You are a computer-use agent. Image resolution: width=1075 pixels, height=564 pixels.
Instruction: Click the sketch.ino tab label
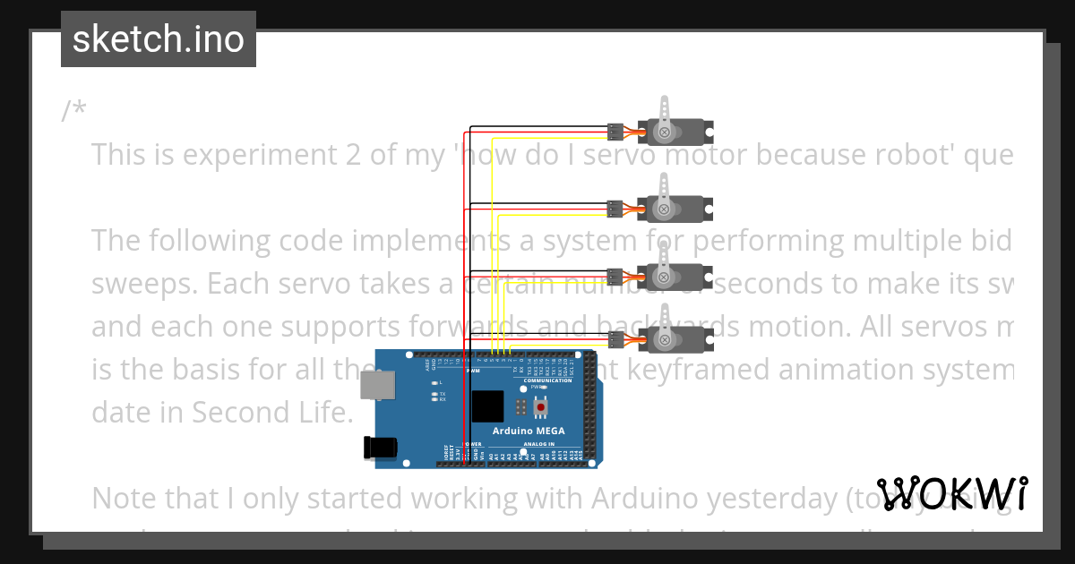click(159, 39)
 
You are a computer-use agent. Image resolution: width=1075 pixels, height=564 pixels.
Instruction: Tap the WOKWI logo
click(951, 494)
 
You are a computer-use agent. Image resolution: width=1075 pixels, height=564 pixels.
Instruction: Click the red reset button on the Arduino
click(540, 407)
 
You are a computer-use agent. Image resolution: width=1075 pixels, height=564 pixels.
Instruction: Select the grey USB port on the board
click(377, 386)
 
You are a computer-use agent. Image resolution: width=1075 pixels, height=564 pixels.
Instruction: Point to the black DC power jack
click(379, 449)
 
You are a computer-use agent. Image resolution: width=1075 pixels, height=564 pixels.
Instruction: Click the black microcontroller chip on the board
click(487, 407)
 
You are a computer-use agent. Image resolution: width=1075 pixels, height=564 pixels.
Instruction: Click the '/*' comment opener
click(74, 111)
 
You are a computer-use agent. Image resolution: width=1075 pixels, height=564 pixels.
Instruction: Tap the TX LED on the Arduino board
click(434, 394)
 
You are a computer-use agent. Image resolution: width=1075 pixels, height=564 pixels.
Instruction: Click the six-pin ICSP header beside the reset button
click(520, 407)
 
